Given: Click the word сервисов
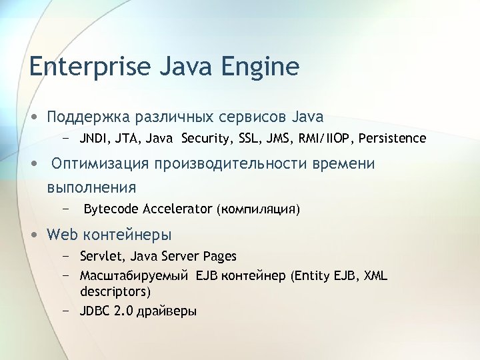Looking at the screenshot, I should pos(252,117).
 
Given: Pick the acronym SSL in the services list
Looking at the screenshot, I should pos(253,139).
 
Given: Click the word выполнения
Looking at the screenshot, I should pos(91,187).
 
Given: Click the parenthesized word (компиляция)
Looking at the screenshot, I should pos(258,209).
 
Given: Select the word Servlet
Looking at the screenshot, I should pos(101,256).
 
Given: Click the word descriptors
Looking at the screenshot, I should pos(114,292).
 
